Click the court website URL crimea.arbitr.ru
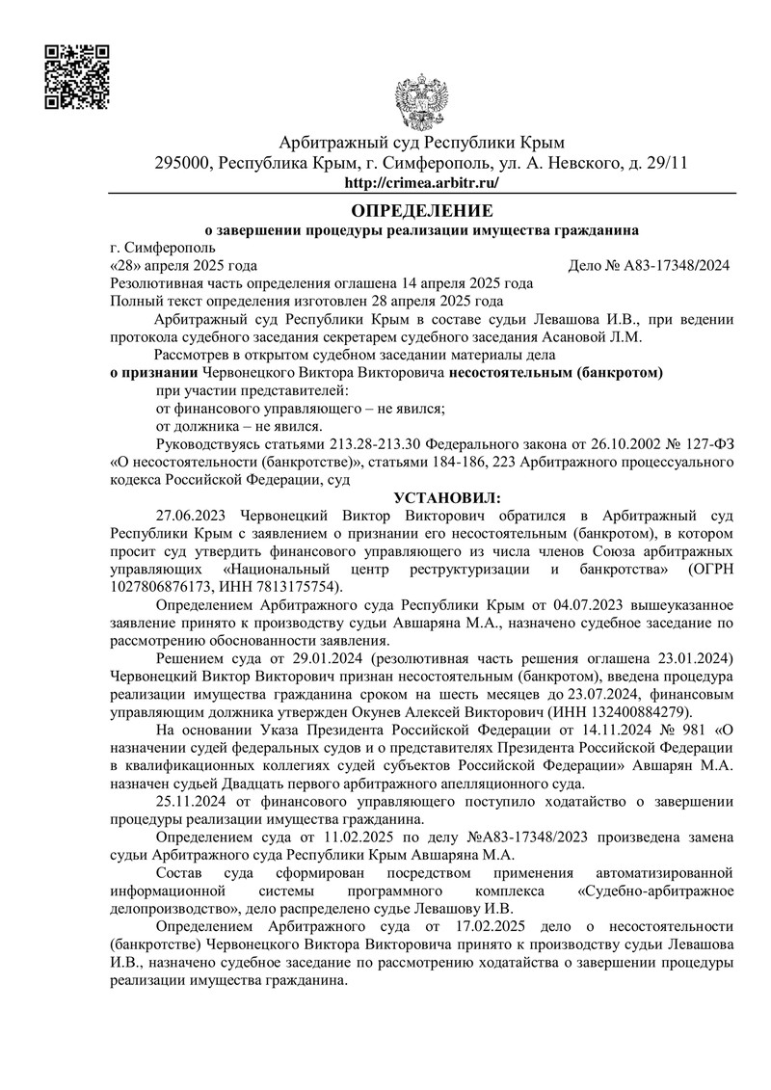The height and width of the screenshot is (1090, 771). click(x=421, y=182)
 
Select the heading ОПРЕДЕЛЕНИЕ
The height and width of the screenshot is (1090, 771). click(x=421, y=210)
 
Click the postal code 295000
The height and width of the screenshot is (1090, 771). click(x=184, y=163)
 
